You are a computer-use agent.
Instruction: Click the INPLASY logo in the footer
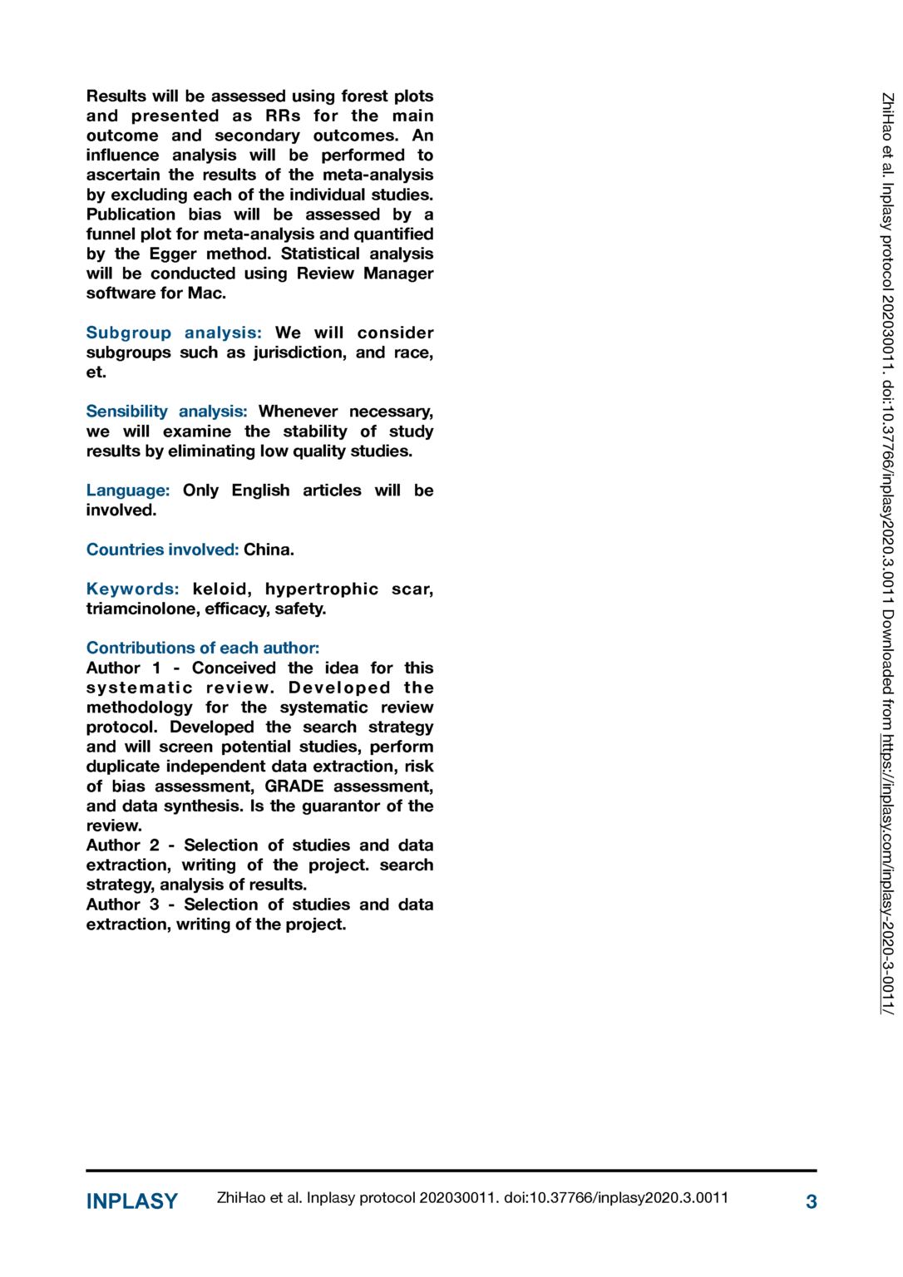pyautogui.click(x=132, y=1201)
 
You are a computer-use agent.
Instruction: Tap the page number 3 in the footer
pyautogui.click(x=811, y=1201)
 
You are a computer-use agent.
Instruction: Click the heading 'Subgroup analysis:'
pyautogui.click(x=174, y=333)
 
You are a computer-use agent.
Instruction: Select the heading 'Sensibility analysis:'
pyautogui.click(x=166, y=412)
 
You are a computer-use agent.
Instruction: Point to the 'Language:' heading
pyautogui.click(x=128, y=491)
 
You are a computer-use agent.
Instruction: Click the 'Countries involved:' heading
pyautogui.click(x=162, y=550)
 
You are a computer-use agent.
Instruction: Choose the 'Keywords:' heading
pyautogui.click(x=132, y=589)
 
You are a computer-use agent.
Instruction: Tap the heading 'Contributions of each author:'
pyautogui.click(x=203, y=648)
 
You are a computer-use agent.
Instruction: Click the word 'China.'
pyautogui.click(x=269, y=550)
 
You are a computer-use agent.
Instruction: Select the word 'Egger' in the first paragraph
pyautogui.click(x=173, y=254)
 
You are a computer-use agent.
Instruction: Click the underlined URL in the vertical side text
pyautogui.click(x=887, y=874)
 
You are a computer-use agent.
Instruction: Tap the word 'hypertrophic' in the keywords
pyautogui.click(x=322, y=589)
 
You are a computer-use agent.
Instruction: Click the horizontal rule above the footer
pyautogui.click(x=451, y=1171)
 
